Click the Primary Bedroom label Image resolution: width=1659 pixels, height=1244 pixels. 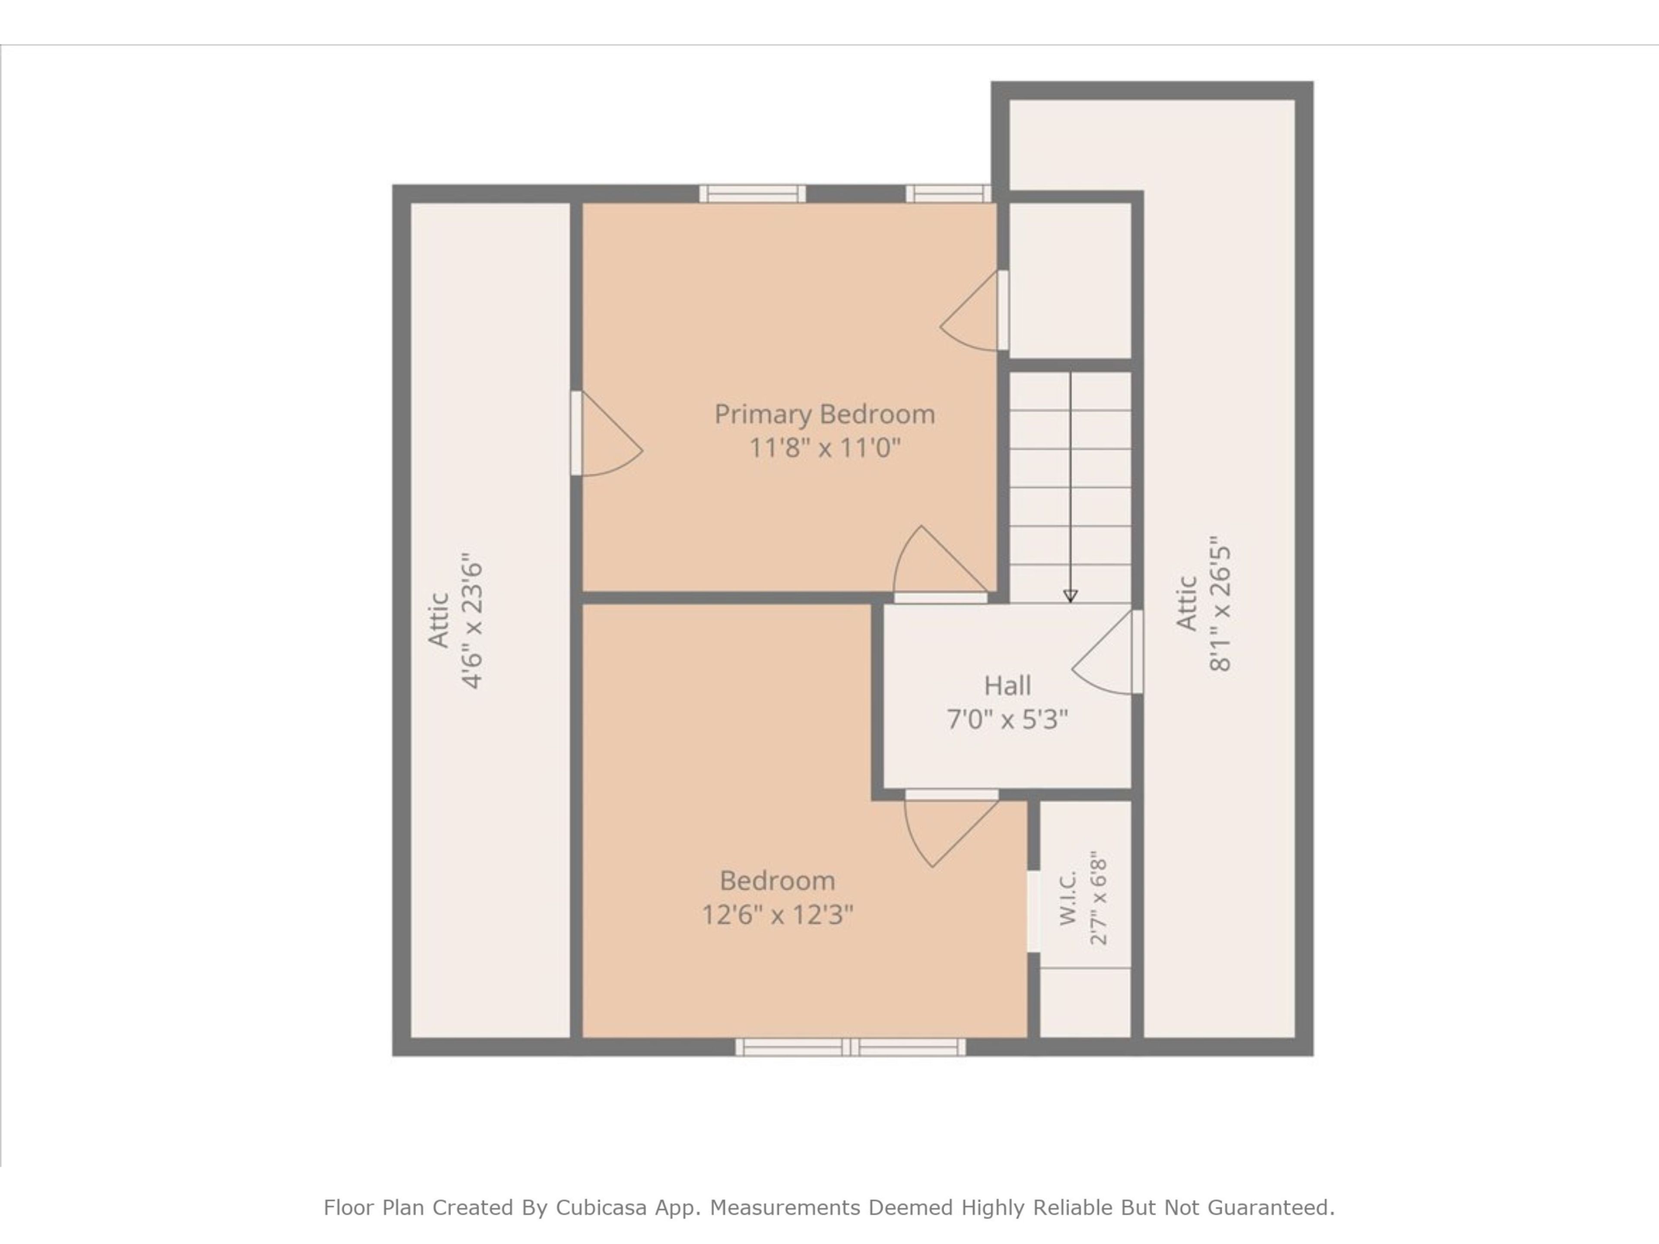click(824, 415)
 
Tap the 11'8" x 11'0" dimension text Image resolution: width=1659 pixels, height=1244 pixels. click(824, 448)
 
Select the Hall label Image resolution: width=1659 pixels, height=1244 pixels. click(1007, 685)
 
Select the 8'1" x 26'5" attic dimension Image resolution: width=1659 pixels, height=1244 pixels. click(1220, 603)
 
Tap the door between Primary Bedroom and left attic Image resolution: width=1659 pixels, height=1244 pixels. click(606, 433)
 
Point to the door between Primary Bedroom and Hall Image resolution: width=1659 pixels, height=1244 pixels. click(941, 564)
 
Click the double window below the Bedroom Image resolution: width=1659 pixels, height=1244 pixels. click(851, 1047)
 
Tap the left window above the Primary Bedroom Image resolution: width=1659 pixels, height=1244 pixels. click(752, 194)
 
